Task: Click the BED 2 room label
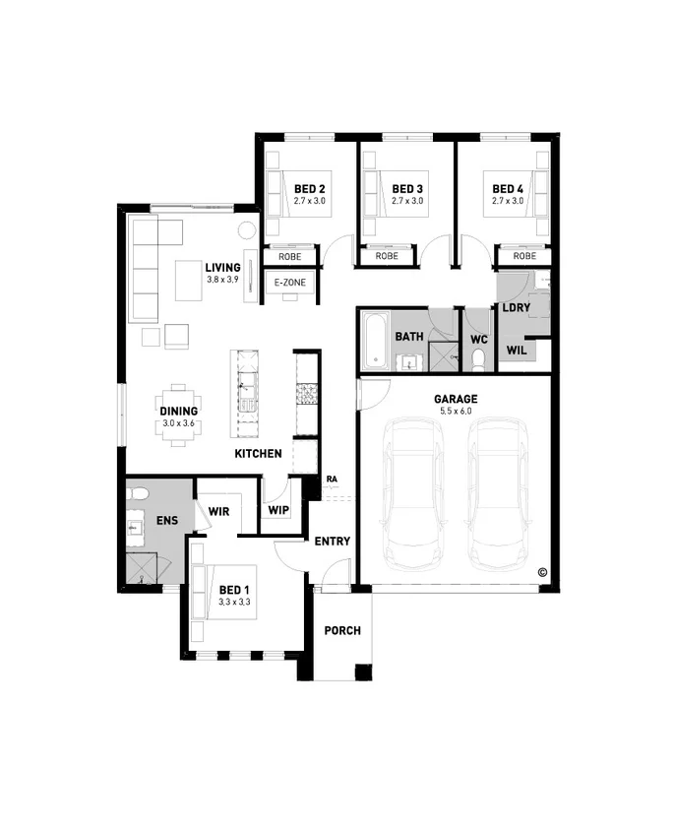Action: click(309, 188)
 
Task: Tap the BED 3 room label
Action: click(407, 188)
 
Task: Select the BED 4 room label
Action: click(508, 188)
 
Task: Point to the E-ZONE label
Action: click(289, 283)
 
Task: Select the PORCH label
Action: click(341, 630)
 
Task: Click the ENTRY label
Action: click(332, 541)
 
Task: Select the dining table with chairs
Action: click(178, 413)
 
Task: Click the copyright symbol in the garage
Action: click(541, 571)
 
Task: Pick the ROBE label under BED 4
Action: click(524, 256)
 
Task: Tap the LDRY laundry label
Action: click(516, 307)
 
